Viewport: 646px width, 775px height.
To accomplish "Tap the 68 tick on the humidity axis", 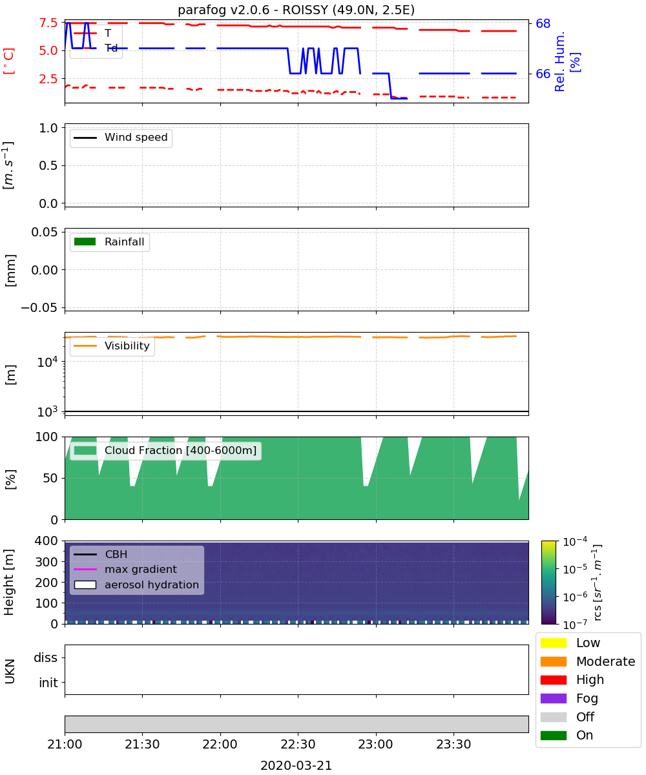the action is tap(543, 23).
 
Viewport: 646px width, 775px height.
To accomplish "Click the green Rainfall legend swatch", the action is tap(85, 242).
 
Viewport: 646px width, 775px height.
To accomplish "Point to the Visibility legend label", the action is tap(127, 346).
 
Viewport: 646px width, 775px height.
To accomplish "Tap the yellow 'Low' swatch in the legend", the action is tap(553, 643).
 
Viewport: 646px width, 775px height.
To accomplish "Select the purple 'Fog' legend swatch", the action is tap(553, 699).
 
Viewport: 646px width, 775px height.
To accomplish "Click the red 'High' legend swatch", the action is tap(553, 680).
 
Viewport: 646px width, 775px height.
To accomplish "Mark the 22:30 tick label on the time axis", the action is tap(298, 744).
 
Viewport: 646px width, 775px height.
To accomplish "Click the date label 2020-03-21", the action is tap(296, 765).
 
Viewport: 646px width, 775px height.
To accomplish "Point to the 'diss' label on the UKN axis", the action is tap(45, 657).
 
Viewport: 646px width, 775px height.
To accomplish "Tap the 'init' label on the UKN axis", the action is tap(48, 683).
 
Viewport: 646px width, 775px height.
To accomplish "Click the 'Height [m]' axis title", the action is tap(8, 583).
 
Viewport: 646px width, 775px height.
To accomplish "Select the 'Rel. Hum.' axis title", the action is tap(559, 61).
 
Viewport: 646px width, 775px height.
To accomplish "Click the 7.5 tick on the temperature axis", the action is tap(48, 23).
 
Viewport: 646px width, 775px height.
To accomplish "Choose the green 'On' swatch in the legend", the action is tap(553, 736).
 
